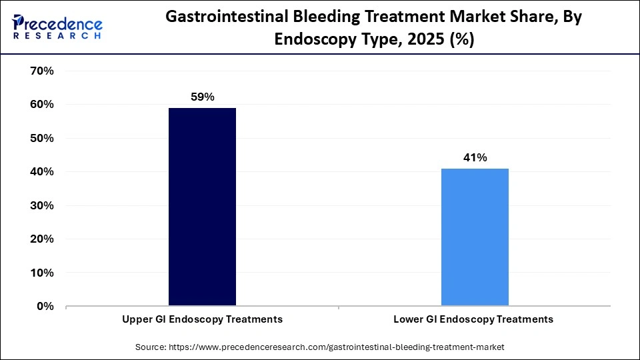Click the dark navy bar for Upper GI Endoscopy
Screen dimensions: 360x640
pyautogui.click(x=202, y=207)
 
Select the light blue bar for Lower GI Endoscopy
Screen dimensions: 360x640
pyautogui.click(x=475, y=237)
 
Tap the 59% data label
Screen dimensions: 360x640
pyautogui.click(x=202, y=97)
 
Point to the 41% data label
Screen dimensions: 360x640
pyautogui.click(x=475, y=157)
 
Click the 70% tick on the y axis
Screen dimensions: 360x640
pyautogui.click(x=42, y=71)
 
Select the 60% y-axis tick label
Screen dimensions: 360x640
pyautogui.click(x=42, y=105)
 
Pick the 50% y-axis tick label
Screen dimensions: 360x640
pyautogui.click(x=42, y=138)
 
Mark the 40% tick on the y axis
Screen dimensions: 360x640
pyautogui.click(x=42, y=172)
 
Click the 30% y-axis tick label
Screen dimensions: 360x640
pyautogui.click(x=42, y=205)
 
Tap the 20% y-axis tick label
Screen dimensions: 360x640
pyautogui.click(x=42, y=239)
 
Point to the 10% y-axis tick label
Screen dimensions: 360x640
pyautogui.click(x=42, y=273)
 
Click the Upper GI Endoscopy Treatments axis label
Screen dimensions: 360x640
pyautogui.click(x=202, y=319)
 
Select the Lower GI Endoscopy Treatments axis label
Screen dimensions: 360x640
pyautogui.click(x=473, y=319)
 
